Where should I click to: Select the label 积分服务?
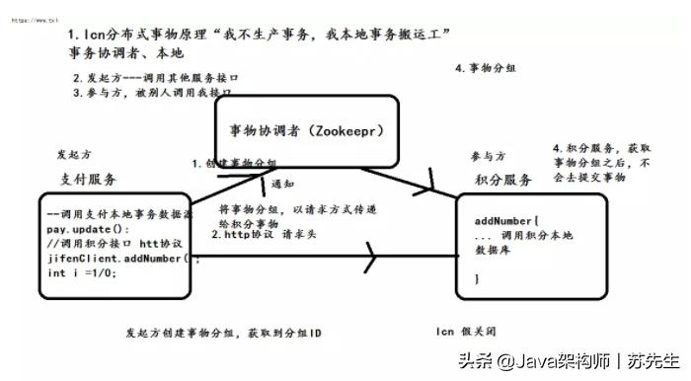(x=502, y=180)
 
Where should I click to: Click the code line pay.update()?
(x=82, y=227)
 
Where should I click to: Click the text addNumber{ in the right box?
(x=506, y=221)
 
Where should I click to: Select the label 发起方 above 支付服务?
(x=74, y=155)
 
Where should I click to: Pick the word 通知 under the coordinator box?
(x=283, y=185)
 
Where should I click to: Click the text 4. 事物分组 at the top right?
(x=487, y=69)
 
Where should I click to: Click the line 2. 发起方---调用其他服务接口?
(x=157, y=77)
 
